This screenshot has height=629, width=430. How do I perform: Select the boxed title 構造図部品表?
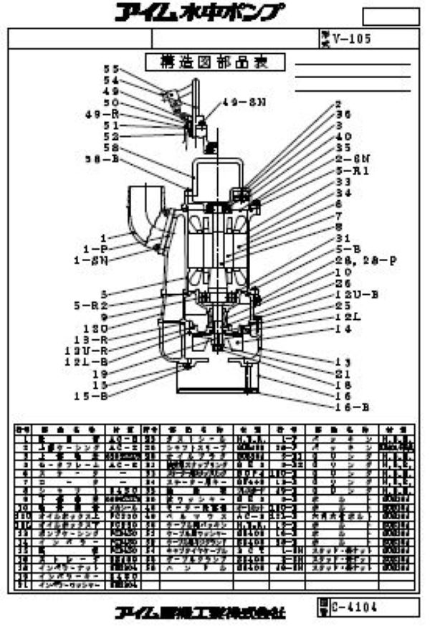click(216, 62)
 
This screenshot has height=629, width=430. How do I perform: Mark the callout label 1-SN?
click(91, 260)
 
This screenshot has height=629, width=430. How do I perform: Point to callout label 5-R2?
click(91, 305)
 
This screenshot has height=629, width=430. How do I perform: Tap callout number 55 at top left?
click(110, 69)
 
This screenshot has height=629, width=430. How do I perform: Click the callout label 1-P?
click(95, 248)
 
